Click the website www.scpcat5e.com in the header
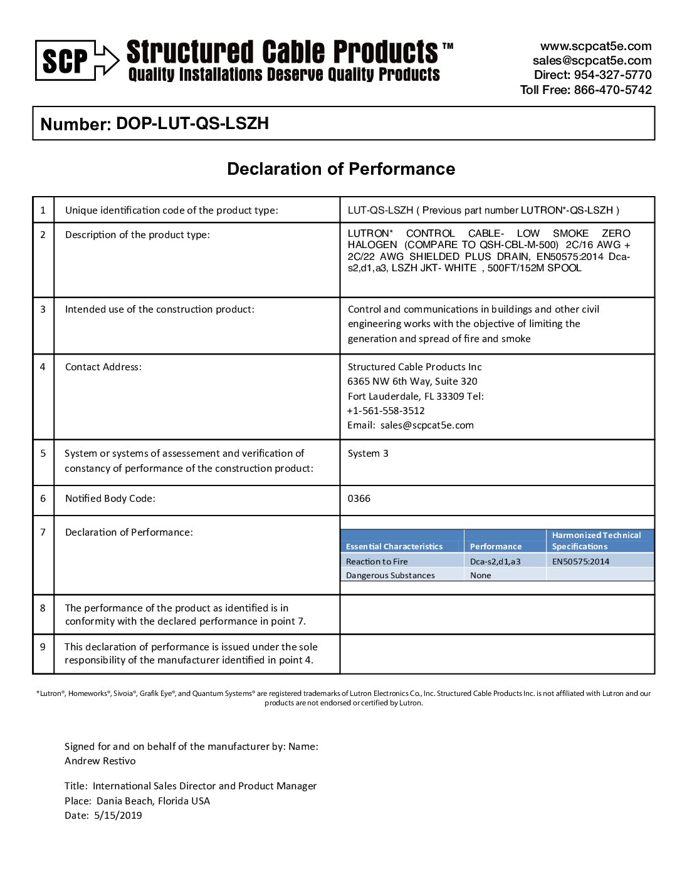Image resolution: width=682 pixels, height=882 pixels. click(595, 46)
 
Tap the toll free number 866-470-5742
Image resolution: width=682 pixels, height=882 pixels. click(612, 90)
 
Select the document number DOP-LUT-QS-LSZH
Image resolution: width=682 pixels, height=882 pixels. click(192, 123)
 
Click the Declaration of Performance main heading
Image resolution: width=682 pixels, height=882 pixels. click(341, 169)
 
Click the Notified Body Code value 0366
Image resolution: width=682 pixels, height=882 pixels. click(359, 499)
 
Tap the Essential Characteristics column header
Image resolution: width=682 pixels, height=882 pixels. click(394, 546)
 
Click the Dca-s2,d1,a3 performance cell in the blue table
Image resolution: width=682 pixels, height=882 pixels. click(495, 561)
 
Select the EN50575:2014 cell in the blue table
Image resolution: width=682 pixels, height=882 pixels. click(580, 561)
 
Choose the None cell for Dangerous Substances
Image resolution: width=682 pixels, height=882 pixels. click(481, 575)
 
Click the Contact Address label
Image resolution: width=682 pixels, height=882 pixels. click(103, 367)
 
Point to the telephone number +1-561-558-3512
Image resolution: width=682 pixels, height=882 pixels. click(386, 411)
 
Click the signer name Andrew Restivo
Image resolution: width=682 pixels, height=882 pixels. click(100, 761)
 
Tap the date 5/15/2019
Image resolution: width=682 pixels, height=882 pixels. click(118, 816)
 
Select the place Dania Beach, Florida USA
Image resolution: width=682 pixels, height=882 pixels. click(153, 801)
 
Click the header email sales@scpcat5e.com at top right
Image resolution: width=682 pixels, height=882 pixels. click(592, 61)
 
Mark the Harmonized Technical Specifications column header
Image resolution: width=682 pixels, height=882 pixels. click(596, 541)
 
